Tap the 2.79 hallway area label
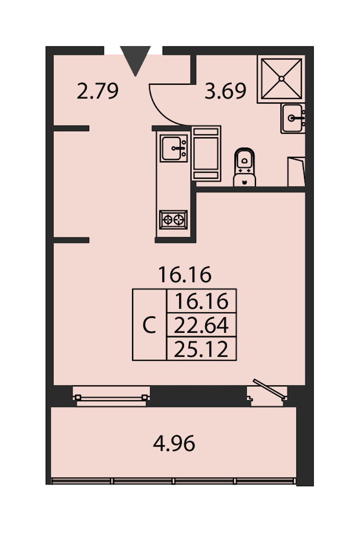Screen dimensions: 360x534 (98, 91)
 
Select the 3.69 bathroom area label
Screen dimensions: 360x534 (225, 91)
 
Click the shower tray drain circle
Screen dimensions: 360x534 (282, 78)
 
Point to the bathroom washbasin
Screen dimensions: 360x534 (293, 118)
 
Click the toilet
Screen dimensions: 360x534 (244, 167)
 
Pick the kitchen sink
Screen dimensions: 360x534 (174, 148)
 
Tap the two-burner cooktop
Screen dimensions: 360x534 (173, 220)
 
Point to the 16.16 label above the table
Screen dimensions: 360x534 (185, 274)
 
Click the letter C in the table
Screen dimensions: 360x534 (149, 325)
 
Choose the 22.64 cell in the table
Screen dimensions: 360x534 (202, 325)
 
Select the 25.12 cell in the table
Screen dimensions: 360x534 (202, 348)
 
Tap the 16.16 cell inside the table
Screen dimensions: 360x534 (202, 301)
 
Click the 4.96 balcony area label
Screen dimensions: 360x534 (174, 443)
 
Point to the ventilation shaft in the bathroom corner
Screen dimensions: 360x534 (296, 172)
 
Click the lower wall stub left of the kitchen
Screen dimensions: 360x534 (71, 240)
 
